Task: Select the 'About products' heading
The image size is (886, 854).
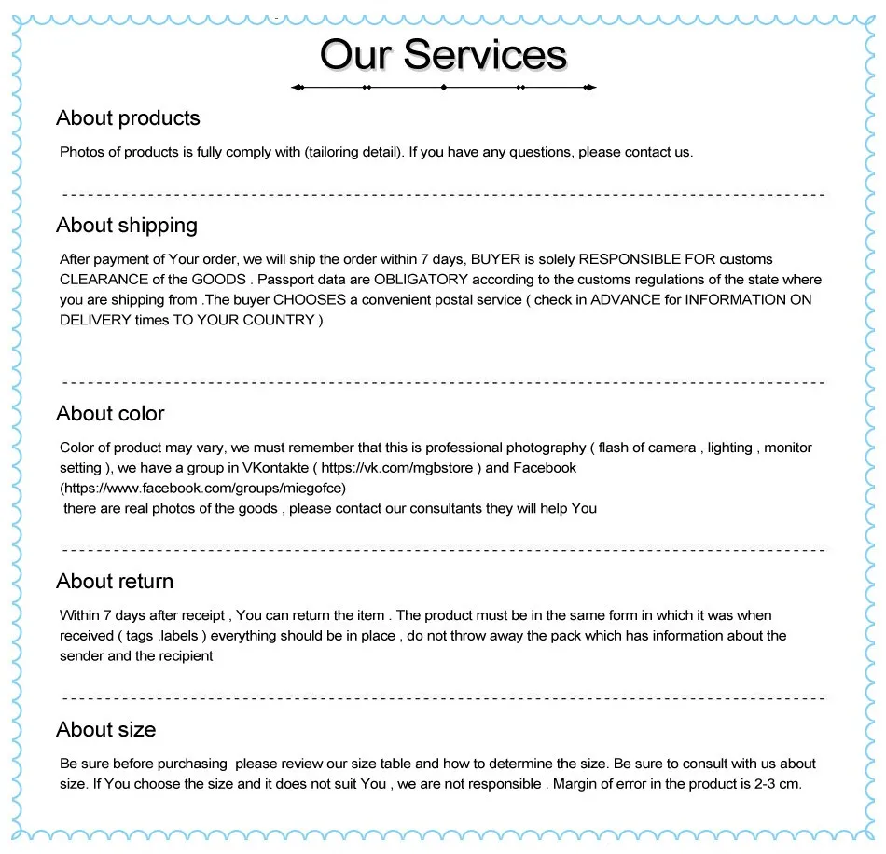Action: [128, 118]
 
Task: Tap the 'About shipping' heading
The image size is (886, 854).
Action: [127, 226]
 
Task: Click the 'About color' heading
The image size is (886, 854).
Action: [110, 414]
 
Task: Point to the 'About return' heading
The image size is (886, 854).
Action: [115, 582]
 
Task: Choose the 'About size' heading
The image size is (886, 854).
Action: [105, 730]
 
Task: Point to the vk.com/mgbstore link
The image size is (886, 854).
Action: [401, 468]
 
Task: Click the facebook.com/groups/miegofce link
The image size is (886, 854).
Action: [202, 488]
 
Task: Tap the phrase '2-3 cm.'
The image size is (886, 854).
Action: [777, 784]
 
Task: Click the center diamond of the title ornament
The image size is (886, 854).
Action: [444, 88]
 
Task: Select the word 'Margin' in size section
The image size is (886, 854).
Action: [577, 784]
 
